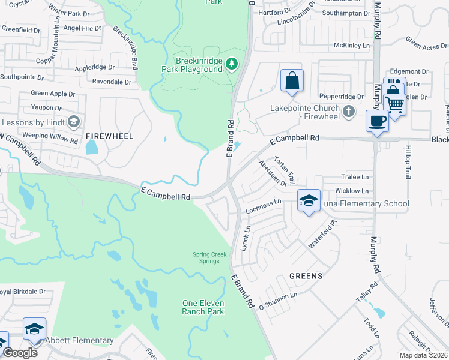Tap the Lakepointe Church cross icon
(x=348, y=111)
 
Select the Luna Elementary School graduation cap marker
(x=309, y=202)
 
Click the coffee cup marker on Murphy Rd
(x=377, y=121)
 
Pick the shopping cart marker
(x=394, y=104)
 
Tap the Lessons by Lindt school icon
(x=74, y=122)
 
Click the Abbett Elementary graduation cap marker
(x=35, y=329)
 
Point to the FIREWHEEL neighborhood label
(x=109, y=137)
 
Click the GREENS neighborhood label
(x=306, y=276)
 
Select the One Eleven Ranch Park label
(x=203, y=307)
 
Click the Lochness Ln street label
(x=262, y=206)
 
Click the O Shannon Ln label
(x=278, y=301)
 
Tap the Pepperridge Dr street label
(x=342, y=96)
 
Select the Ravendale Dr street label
(x=111, y=82)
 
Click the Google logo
(x=20, y=352)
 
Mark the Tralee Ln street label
(x=355, y=177)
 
